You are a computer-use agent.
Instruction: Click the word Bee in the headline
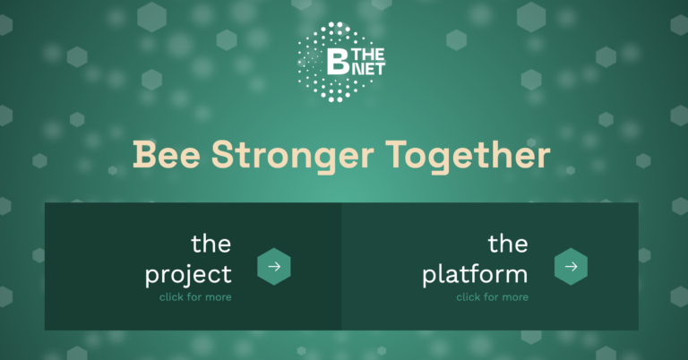coord(167,154)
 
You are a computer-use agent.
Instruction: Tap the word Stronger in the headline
coord(293,157)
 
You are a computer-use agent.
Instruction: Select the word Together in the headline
coord(468,157)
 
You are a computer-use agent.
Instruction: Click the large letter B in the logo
coord(338,61)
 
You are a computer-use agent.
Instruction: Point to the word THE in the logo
coord(368,55)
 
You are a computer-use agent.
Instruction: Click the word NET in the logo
coord(367,69)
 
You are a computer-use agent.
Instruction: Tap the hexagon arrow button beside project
coord(274,267)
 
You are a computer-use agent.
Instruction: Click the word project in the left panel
coord(188,275)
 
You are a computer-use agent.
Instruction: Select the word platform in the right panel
coord(475,275)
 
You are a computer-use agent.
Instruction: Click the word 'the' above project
coord(211,244)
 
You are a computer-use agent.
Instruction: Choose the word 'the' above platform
coord(508,244)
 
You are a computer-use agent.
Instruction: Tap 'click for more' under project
coord(195,297)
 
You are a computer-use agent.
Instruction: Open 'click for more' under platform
coord(493,297)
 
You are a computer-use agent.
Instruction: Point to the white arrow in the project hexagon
coord(274,267)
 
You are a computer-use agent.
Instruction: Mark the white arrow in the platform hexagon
coord(572,267)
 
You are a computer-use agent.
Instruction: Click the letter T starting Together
coord(397,154)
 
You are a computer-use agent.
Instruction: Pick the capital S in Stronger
coord(223,154)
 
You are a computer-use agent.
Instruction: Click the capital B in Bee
coord(144,154)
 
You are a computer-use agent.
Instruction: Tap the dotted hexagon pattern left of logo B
coord(311,62)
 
